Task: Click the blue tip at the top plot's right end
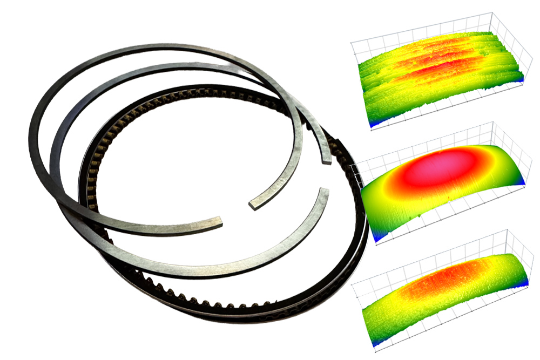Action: (x=521, y=79)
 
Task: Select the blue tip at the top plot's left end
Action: (x=372, y=126)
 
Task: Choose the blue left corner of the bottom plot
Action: (x=372, y=343)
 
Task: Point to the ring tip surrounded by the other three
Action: (x=253, y=204)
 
